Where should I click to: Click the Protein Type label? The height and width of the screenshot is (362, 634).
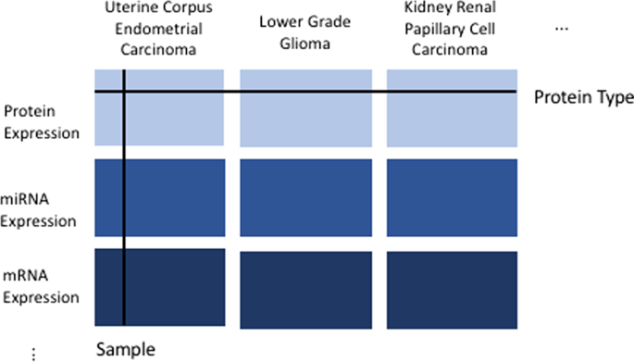coord(583,97)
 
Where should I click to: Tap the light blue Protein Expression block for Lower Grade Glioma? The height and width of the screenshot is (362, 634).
coord(305,107)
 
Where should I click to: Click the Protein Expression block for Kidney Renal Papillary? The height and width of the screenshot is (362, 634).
coord(452,107)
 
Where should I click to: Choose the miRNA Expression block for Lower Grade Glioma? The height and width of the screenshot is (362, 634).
coord(305,198)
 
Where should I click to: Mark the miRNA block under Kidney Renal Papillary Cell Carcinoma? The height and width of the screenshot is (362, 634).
coord(452,198)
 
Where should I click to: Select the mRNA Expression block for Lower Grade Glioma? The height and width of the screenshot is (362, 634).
coord(305,288)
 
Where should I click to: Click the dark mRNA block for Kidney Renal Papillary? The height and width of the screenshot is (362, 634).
coord(452,288)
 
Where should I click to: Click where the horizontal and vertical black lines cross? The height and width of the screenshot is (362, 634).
coord(123,92)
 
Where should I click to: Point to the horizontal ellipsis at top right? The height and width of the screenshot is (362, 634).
coord(562,30)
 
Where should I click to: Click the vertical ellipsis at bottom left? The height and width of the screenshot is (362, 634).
coord(33,352)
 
